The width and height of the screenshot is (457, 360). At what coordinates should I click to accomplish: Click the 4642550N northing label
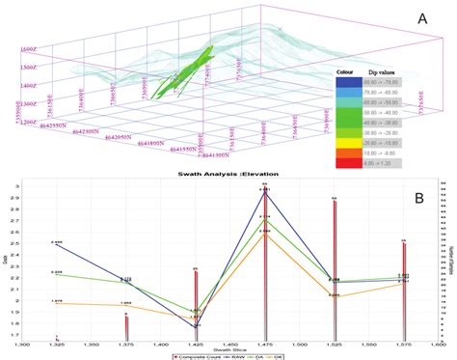tap(50, 125)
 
